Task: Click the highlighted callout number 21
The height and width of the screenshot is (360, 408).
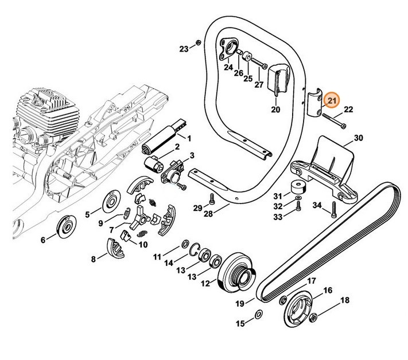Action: click(x=331, y=101)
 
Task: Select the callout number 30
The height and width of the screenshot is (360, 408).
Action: click(x=359, y=138)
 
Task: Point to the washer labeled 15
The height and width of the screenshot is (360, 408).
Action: click(x=258, y=314)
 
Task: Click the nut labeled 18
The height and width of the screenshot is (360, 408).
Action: click(x=314, y=316)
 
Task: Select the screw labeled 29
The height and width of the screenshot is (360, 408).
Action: click(x=211, y=198)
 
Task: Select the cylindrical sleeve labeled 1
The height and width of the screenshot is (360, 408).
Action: click(x=168, y=135)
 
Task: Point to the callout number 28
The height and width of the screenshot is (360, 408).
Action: click(x=208, y=213)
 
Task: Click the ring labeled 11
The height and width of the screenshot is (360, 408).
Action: click(x=186, y=245)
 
